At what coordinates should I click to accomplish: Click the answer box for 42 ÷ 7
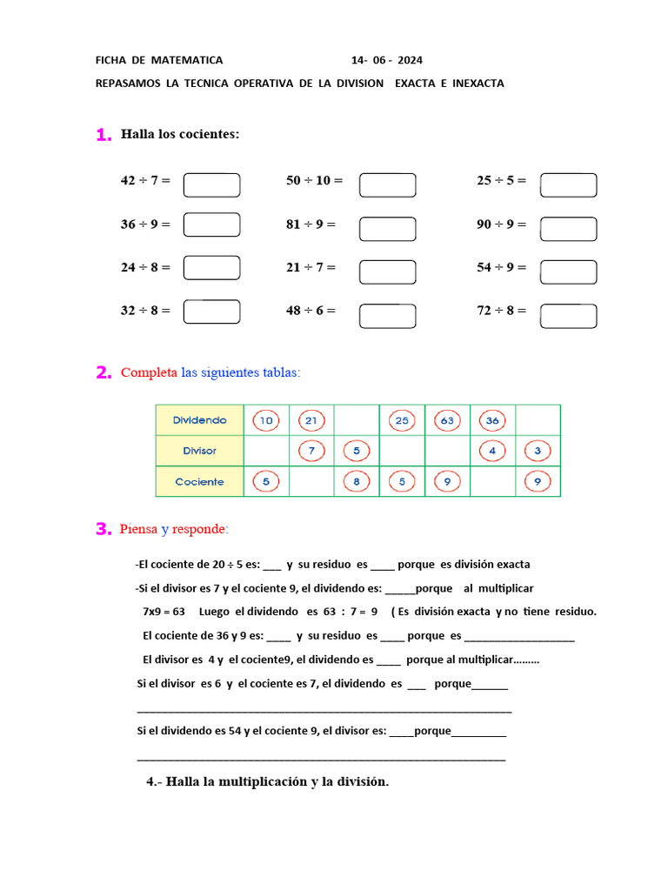point(211,184)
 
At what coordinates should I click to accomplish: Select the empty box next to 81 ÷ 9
point(387,229)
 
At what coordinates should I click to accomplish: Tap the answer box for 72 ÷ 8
point(568,316)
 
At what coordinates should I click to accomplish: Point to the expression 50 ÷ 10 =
point(314,181)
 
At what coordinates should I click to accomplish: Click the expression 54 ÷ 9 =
point(502,267)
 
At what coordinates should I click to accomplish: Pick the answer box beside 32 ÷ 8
point(211,312)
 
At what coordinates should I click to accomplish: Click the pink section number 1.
point(104,135)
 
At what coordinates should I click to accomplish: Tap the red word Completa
point(149,372)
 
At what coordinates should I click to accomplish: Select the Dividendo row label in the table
point(199,420)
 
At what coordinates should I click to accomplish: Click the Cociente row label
point(199,481)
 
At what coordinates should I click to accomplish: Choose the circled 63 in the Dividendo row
point(448,420)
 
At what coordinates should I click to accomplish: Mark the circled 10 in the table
point(266,420)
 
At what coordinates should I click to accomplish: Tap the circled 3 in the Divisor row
point(538,451)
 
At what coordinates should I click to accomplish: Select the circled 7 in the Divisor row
point(311,451)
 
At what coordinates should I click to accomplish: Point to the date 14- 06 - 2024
point(387,60)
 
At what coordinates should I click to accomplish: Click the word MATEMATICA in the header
point(187,60)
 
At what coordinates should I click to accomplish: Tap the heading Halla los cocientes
point(180,134)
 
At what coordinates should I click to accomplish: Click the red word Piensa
point(138,529)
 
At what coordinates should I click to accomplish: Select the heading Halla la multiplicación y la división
point(268,782)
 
